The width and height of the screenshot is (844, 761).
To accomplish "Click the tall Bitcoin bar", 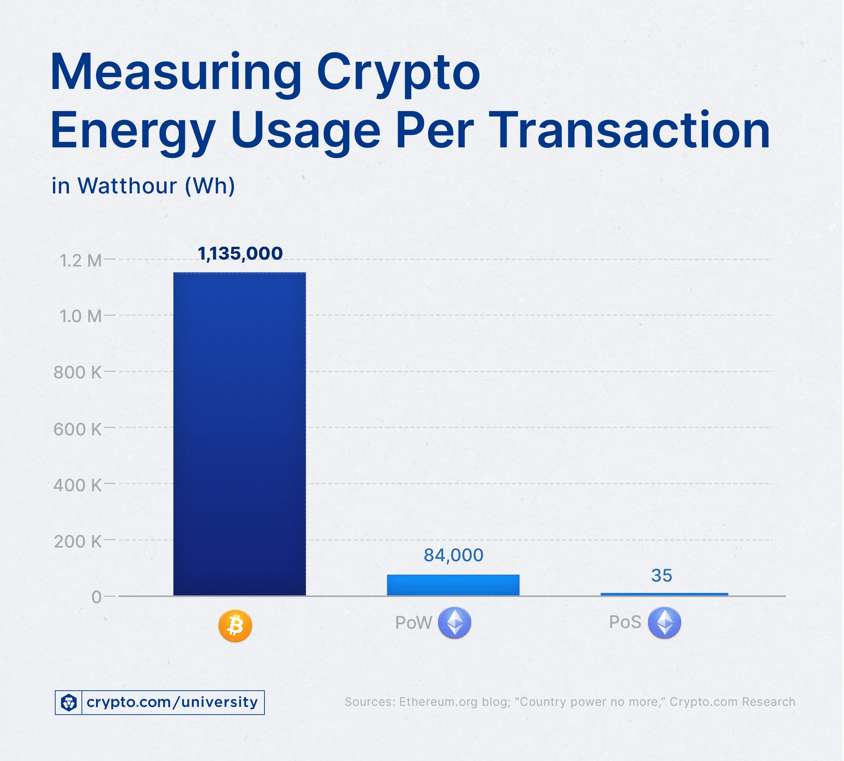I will tap(239, 434).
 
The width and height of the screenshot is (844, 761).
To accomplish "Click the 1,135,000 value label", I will tap(240, 254).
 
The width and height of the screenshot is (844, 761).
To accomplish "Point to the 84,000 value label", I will tap(454, 555).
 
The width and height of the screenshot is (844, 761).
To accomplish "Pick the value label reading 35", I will tap(662, 575).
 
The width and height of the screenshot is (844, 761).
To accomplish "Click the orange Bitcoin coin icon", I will tap(235, 626).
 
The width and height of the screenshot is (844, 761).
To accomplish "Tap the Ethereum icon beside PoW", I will tap(454, 622).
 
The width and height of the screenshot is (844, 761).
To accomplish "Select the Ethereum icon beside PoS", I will tap(664, 622).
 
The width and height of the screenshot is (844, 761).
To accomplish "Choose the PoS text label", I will tap(625, 622).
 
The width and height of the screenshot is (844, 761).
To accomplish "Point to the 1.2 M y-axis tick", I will tap(81, 261).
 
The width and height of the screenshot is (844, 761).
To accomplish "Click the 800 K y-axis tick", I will tap(78, 372).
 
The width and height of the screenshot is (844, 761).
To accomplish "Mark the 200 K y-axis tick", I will tap(78, 542).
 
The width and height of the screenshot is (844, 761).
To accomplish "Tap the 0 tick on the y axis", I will tap(97, 597).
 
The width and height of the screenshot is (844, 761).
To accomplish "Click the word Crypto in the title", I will tap(398, 73).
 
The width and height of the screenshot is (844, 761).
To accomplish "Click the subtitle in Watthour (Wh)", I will tap(143, 186).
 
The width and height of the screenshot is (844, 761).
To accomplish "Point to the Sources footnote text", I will tap(570, 702).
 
